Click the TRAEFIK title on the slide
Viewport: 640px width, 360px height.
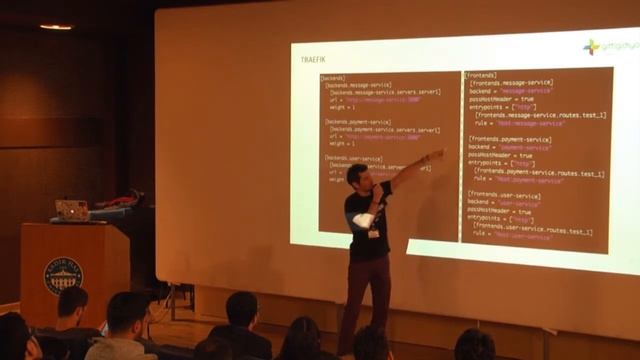(x=313, y=60)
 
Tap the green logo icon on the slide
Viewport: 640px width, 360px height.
(x=591, y=47)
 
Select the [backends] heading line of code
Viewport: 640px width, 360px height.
(x=334, y=78)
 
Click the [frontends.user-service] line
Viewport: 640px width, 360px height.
(x=506, y=195)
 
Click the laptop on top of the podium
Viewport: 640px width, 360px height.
(x=72, y=210)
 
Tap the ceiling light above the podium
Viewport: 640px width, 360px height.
(x=56, y=27)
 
